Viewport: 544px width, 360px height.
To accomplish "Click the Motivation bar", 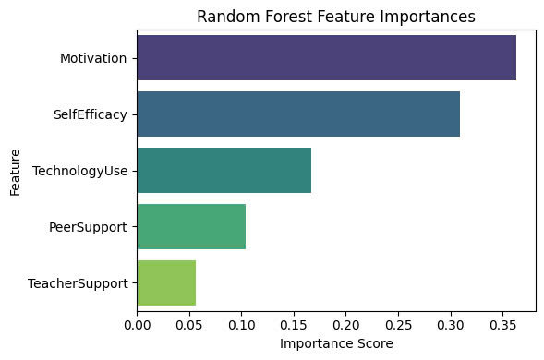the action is pos(327,57).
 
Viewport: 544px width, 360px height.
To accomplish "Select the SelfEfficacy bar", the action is pos(298,114).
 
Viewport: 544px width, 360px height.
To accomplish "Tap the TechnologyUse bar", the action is pos(224,170).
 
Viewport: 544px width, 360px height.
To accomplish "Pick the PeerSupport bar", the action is pos(191,226).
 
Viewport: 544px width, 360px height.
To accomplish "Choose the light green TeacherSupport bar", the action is pos(166,283).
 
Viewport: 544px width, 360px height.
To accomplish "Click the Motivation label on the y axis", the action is pos(93,58).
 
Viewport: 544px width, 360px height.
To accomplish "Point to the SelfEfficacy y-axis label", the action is pos(91,114).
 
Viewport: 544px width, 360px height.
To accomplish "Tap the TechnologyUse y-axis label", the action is pos(80,171).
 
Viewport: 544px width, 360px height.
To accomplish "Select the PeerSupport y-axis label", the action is pos(88,227).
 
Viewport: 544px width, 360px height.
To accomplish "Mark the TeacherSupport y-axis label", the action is pos(79,283).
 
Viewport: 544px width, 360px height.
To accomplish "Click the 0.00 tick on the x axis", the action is pos(138,325).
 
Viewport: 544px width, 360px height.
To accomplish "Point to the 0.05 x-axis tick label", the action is pos(189,325).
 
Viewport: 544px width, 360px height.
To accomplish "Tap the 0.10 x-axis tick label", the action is pos(242,325).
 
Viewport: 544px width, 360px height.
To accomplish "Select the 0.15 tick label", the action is pos(294,325).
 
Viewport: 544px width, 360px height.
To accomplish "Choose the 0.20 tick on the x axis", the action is pos(346,325).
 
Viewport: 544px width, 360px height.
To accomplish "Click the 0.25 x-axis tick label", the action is pos(399,325).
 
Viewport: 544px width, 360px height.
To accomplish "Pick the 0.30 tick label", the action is pos(451,325).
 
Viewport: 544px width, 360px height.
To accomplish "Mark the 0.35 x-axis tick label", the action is pos(503,325).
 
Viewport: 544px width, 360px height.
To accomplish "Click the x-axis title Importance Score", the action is pos(336,343).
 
